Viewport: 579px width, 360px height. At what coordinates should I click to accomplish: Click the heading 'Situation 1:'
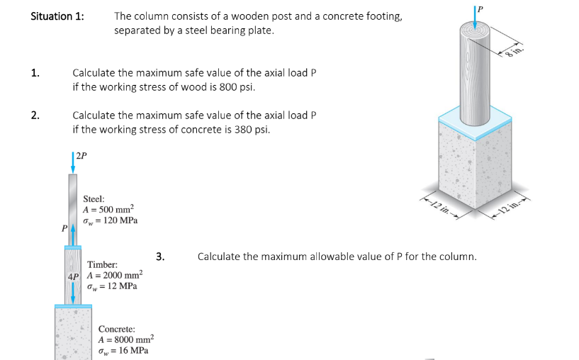click(57, 16)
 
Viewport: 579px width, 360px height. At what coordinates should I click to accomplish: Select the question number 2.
click(35, 116)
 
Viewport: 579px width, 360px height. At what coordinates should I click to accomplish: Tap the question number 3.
click(160, 256)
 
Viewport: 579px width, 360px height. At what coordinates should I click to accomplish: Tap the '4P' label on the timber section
click(73, 276)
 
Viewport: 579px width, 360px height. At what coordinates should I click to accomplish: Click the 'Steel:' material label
click(94, 198)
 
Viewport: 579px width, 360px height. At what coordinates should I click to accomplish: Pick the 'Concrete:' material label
click(117, 329)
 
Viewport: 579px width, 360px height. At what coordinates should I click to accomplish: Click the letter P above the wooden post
click(480, 9)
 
